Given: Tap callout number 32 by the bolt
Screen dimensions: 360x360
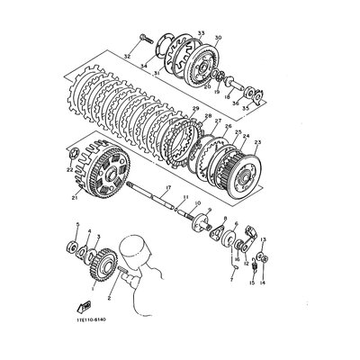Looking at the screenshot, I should (x=127, y=56).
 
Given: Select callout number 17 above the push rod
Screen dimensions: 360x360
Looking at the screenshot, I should (x=167, y=186).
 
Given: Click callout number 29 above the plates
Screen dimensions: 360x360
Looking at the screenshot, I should (x=193, y=108).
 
